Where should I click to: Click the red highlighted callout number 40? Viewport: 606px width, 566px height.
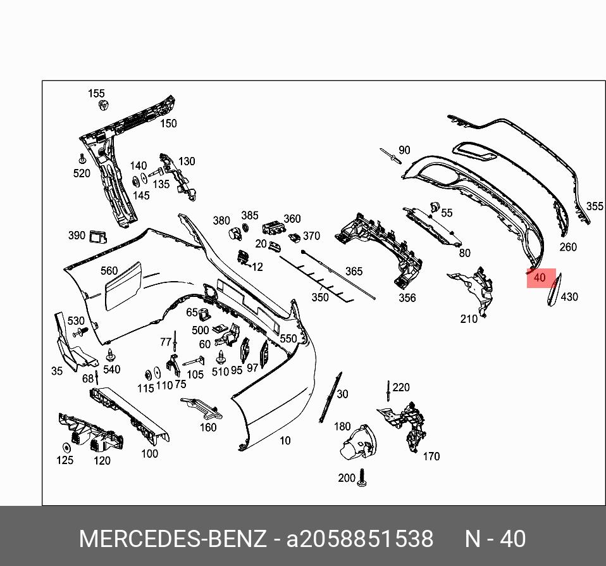(x=540, y=278)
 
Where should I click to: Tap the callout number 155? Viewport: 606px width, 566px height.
(x=96, y=94)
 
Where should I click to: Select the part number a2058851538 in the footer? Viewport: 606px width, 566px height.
(x=360, y=539)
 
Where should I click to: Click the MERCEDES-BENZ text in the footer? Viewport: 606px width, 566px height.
(x=173, y=539)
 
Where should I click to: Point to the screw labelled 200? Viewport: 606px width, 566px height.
(x=362, y=477)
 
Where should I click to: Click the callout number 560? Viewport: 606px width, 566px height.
(x=109, y=271)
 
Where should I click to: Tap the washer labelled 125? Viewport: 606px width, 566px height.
(x=66, y=445)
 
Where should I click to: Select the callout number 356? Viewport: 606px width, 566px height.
(x=407, y=298)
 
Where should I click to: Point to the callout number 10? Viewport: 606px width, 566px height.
(x=285, y=441)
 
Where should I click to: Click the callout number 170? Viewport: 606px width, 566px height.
(x=431, y=456)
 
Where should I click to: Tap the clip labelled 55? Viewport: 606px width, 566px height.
(x=435, y=206)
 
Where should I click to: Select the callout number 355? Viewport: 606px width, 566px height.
(x=595, y=206)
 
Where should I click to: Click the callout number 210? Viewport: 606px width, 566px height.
(x=469, y=319)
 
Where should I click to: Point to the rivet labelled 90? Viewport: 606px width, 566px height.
(x=387, y=154)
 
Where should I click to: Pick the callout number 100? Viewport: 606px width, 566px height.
(x=149, y=453)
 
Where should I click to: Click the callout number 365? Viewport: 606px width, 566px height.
(x=354, y=272)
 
